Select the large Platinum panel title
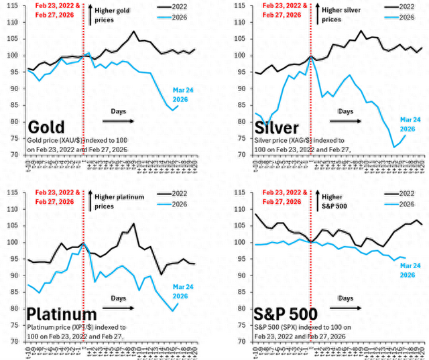[62, 314]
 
